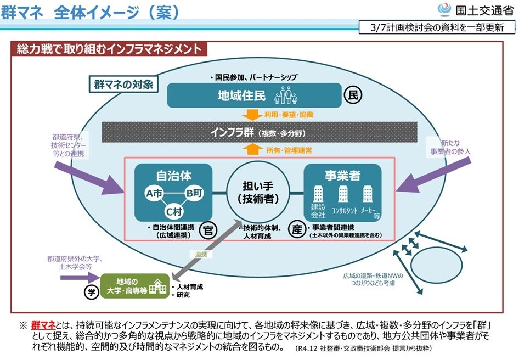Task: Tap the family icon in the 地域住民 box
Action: click(287, 96)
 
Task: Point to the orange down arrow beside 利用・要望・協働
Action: click(252, 114)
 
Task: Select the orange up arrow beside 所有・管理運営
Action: click(252, 150)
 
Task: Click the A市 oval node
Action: click(154, 193)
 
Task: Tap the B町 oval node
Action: click(193, 193)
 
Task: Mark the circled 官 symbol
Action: click(207, 229)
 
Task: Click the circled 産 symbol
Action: click(296, 229)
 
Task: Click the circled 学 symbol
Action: click(91, 291)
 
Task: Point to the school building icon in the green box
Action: click(159, 286)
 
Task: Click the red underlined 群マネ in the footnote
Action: click(43, 325)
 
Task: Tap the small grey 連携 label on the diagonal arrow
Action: click(200, 254)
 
